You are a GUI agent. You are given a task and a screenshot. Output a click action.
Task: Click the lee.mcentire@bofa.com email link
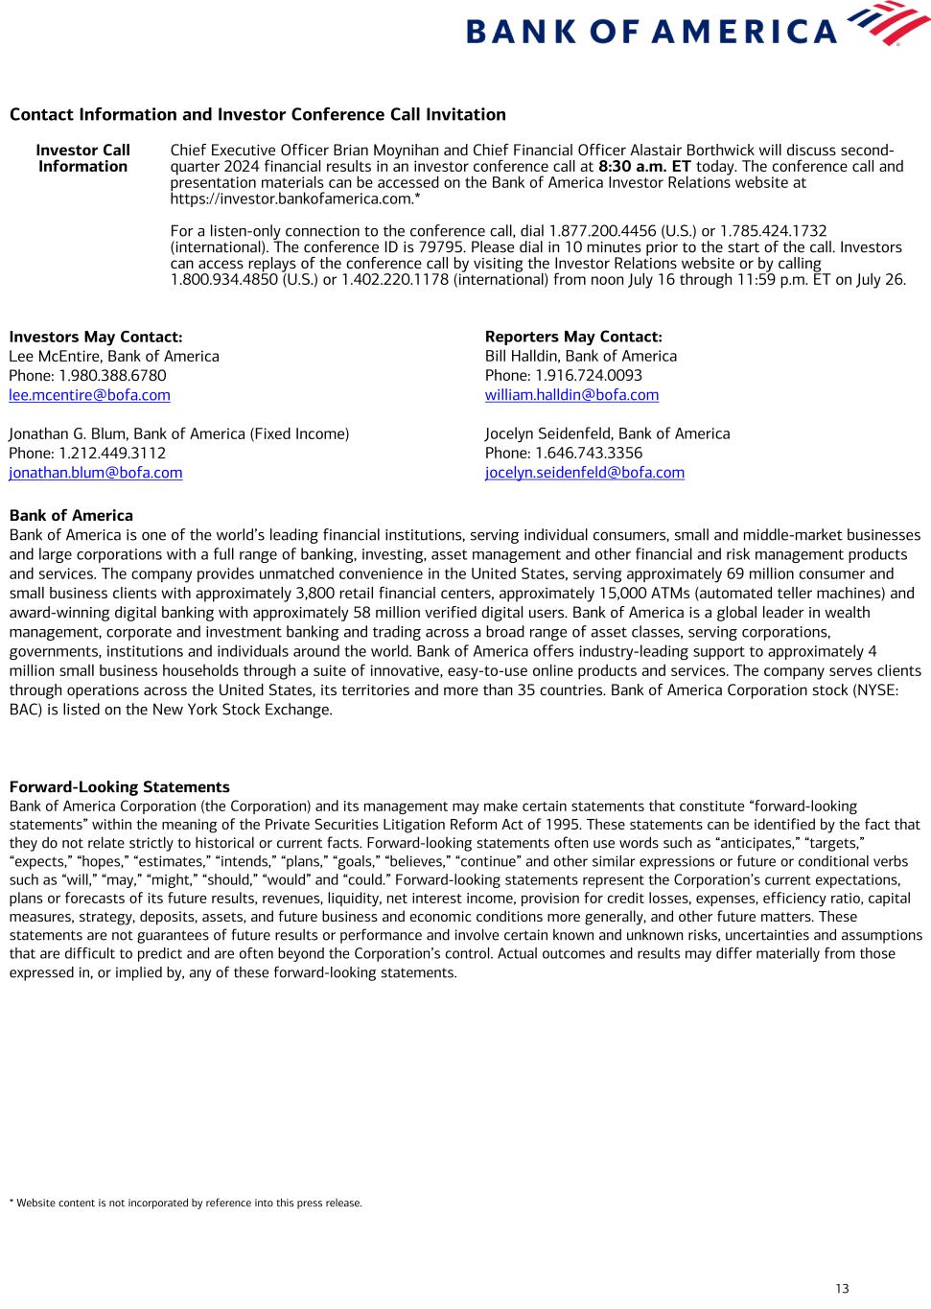click(x=89, y=395)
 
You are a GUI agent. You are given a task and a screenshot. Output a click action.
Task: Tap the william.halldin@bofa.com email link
click(x=571, y=395)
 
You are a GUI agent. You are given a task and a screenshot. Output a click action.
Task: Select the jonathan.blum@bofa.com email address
click(x=95, y=473)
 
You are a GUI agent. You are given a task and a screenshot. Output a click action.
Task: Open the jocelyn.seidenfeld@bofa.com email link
click(x=584, y=473)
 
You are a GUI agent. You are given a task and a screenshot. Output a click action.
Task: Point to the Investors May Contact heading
click(x=95, y=337)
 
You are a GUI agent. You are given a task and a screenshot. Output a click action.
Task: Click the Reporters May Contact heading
click(x=572, y=337)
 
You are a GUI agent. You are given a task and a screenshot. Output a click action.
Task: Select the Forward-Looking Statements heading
click(x=119, y=787)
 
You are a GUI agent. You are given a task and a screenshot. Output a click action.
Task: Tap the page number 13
click(x=842, y=1288)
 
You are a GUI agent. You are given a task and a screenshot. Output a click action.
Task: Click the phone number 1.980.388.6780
click(x=112, y=376)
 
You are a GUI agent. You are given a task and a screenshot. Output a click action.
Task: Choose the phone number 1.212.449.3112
click(x=112, y=454)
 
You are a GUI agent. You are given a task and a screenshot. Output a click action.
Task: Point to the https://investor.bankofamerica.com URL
click(x=292, y=199)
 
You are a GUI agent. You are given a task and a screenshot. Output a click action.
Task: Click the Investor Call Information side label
click(x=82, y=158)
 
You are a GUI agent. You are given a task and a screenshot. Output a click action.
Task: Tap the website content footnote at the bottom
click(x=185, y=1203)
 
